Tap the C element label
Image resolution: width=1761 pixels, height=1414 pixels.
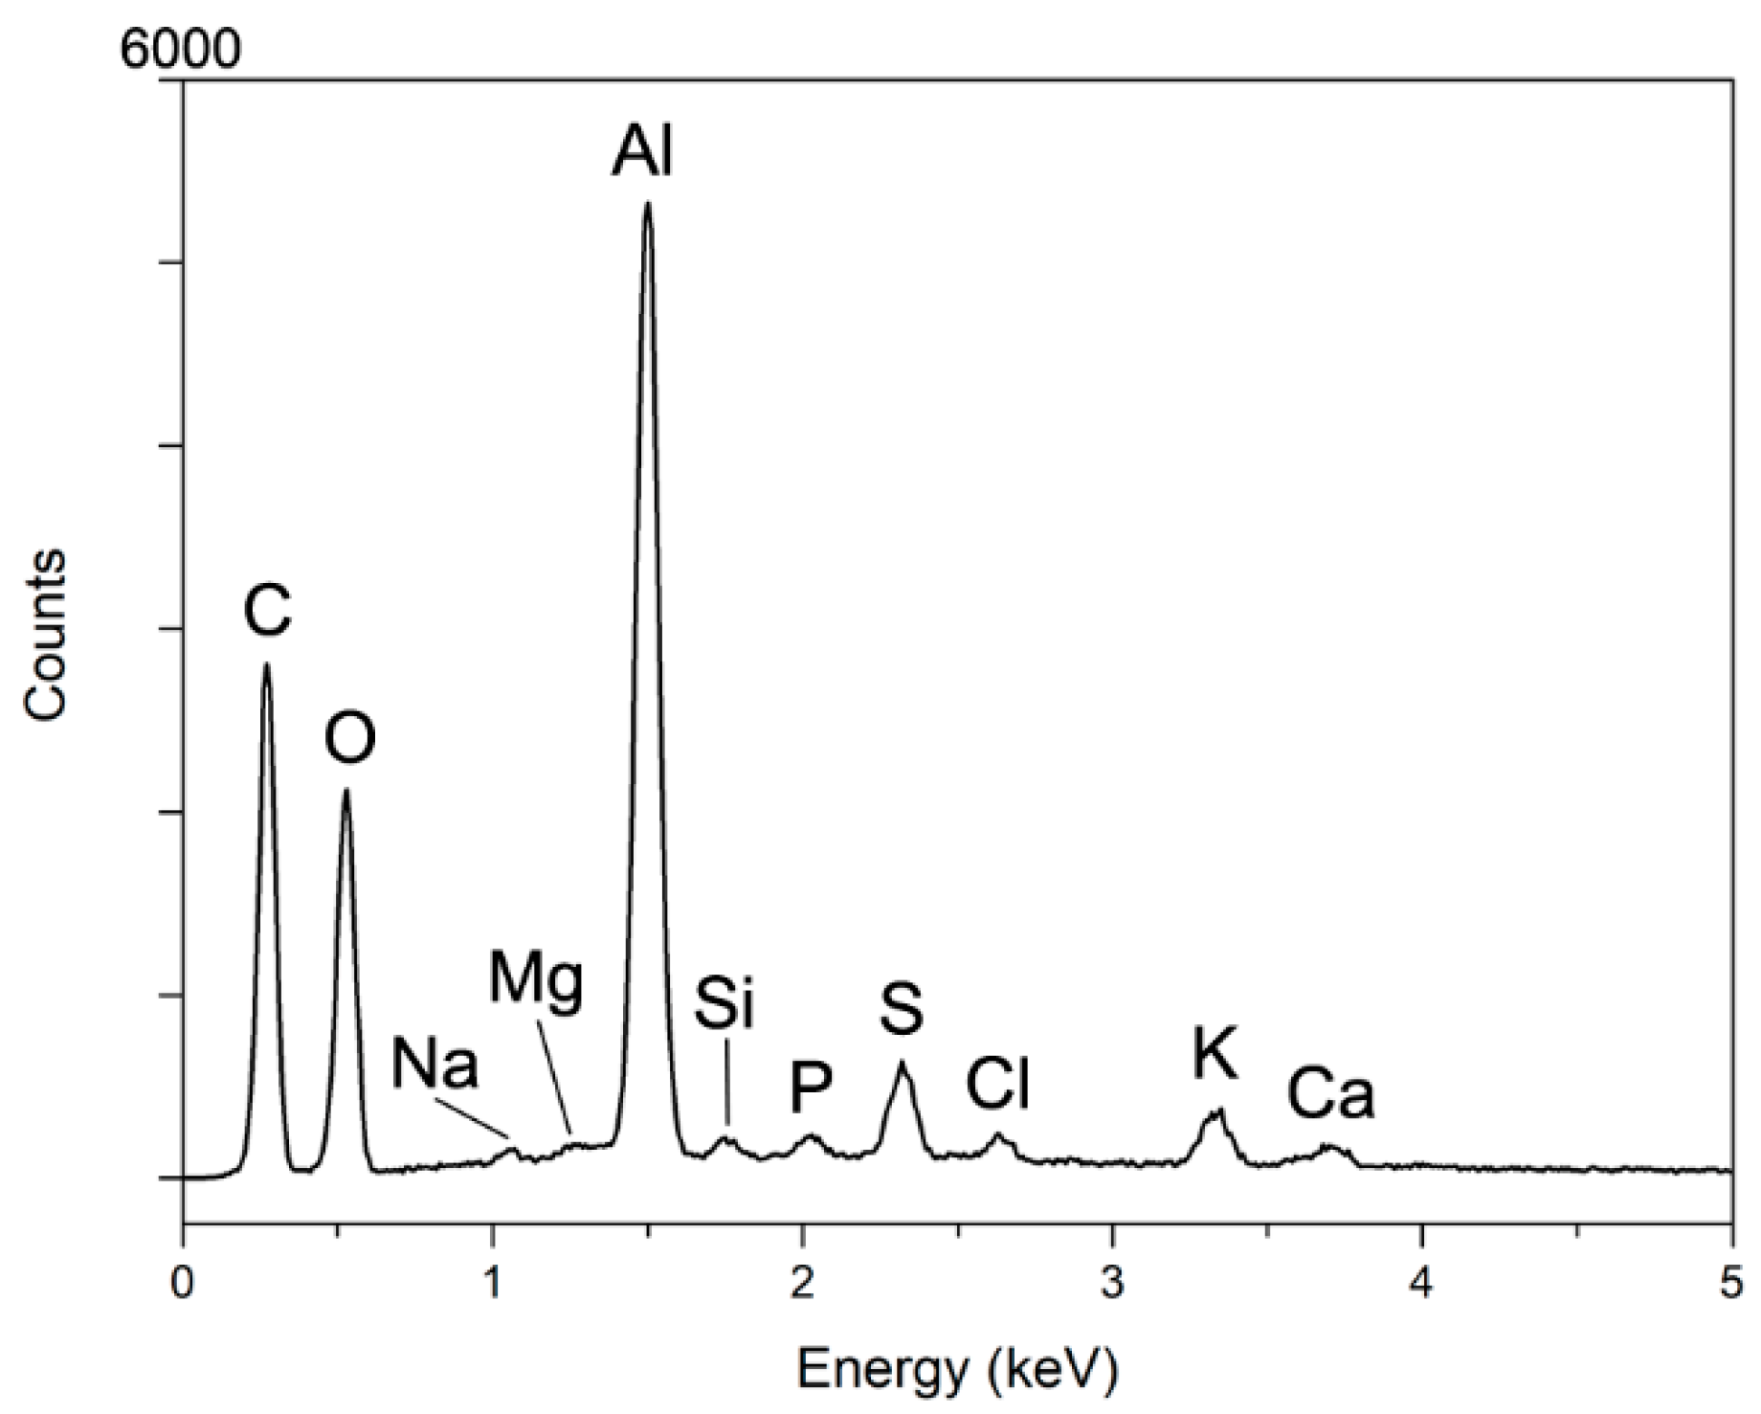[x=267, y=612]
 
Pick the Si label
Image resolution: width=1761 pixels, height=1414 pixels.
[x=724, y=1004]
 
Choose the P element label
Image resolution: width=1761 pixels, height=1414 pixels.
[x=811, y=1089]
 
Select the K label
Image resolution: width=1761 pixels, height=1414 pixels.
[x=1215, y=1054]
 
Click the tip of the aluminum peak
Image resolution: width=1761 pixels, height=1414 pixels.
[x=648, y=203]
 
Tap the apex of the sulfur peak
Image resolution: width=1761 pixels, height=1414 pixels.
[x=901, y=1062]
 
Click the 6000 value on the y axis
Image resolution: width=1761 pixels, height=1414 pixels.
[x=180, y=50]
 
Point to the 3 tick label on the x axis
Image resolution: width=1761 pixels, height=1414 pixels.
[x=1112, y=1284]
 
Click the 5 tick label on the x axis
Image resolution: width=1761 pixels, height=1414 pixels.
[x=1731, y=1284]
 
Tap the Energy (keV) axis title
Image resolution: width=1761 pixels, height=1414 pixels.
[x=957, y=1370]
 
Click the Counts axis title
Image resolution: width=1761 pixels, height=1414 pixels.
[x=46, y=634]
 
